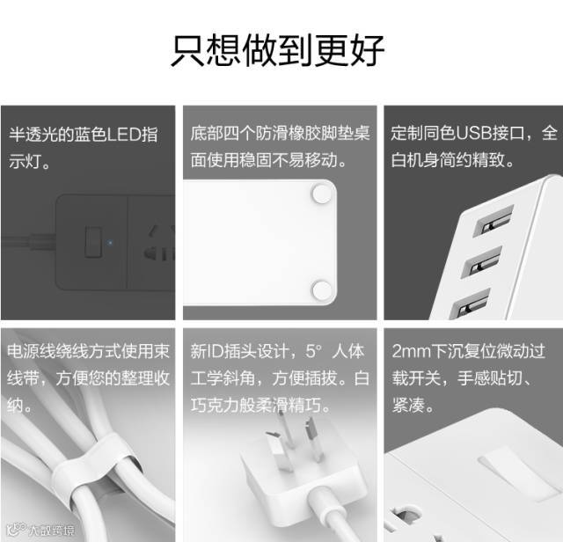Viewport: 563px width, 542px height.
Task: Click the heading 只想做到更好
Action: [x=278, y=50]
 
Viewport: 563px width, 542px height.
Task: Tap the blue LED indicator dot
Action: [x=110, y=243]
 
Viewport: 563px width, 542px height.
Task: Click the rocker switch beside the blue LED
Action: [x=93, y=242]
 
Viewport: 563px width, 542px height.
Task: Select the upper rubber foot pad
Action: [x=322, y=194]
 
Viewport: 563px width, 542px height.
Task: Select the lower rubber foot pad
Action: [x=322, y=290]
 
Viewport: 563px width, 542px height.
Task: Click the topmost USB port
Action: [x=494, y=220]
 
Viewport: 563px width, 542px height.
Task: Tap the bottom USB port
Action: [x=471, y=304]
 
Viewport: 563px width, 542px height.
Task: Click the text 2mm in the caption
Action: [x=412, y=351]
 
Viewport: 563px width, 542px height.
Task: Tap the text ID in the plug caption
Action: [x=215, y=351]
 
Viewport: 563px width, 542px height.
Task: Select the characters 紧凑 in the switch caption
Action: [x=408, y=405]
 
